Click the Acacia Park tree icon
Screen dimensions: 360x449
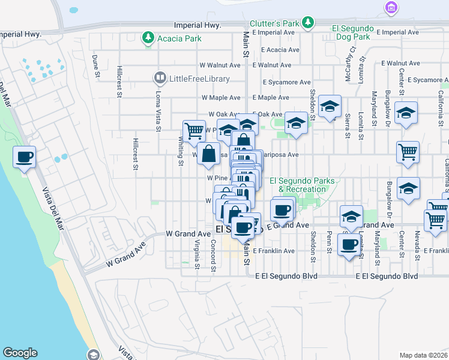tap(148, 38)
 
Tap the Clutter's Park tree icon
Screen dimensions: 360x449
tap(308, 22)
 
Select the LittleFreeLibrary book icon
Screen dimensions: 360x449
tap(160, 77)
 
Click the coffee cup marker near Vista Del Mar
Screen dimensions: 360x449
tap(24, 157)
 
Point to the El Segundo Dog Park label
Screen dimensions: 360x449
tap(353, 32)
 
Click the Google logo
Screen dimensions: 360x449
tap(20, 353)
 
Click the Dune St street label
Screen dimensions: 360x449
tap(95, 66)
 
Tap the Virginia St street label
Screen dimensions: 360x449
tap(196, 253)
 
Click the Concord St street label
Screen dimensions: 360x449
tap(213, 255)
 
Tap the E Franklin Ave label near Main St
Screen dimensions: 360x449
tap(274, 251)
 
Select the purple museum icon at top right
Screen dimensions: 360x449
tap(391, 8)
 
